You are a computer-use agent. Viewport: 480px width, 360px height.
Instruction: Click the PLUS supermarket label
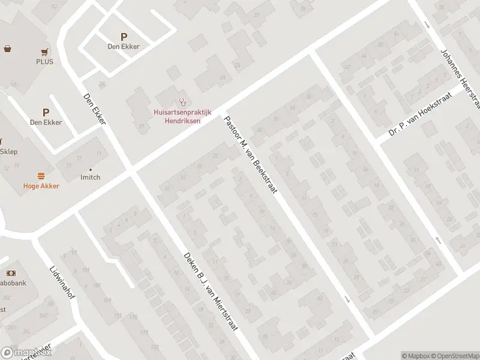point(44,62)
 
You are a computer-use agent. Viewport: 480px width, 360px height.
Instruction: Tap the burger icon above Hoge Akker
point(41,176)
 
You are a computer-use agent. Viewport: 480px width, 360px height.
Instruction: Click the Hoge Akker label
point(41,186)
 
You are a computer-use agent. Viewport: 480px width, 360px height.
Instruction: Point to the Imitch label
point(90,178)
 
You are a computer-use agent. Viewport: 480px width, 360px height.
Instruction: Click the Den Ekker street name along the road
point(95,108)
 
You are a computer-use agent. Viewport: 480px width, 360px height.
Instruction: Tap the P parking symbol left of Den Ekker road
point(46,112)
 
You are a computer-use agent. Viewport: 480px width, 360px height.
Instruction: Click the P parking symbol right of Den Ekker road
point(124,37)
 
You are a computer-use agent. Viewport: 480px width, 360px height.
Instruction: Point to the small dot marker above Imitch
point(90,170)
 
